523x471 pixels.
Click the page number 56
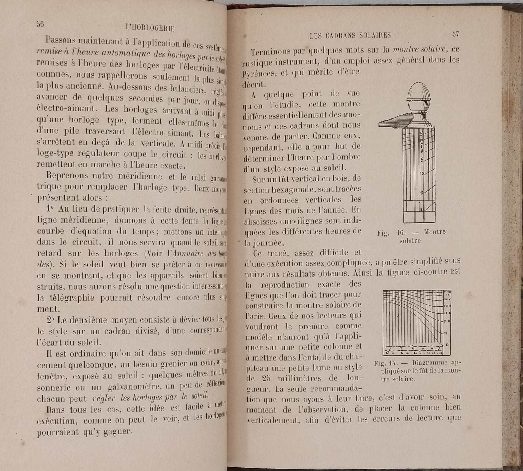tap(40, 24)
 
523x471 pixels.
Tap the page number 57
tap(455, 34)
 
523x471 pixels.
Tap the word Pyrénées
tap(257, 73)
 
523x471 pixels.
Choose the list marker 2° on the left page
tap(51, 320)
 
